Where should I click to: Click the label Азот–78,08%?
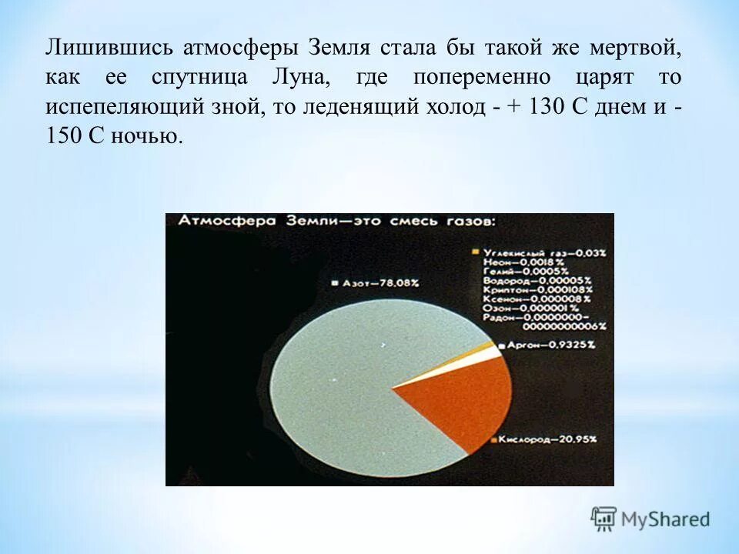point(377,283)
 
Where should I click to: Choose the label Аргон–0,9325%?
point(551,345)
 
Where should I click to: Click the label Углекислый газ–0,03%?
point(543,252)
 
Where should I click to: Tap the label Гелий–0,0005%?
point(527,271)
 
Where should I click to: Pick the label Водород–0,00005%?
point(537,280)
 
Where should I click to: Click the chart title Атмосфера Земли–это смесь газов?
point(338,222)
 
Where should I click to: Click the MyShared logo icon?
point(604,519)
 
